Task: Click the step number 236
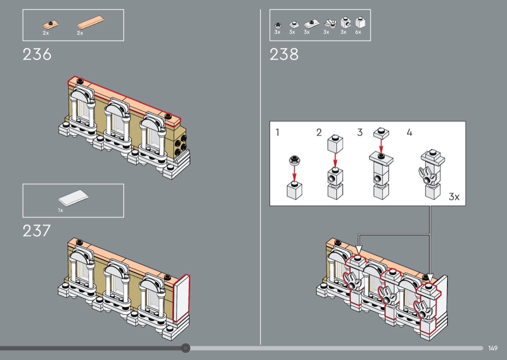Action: click(x=37, y=55)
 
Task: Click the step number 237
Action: click(x=37, y=231)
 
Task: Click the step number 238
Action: click(x=284, y=55)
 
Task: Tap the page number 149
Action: click(x=493, y=348)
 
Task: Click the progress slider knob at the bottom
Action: click(x=185, y=348)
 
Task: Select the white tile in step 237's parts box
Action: click(x=73, y=197)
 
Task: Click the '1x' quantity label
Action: click(x=60, y=210)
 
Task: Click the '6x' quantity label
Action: click(x=358, y=32)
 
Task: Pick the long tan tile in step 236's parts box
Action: click(x=91, y=23)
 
